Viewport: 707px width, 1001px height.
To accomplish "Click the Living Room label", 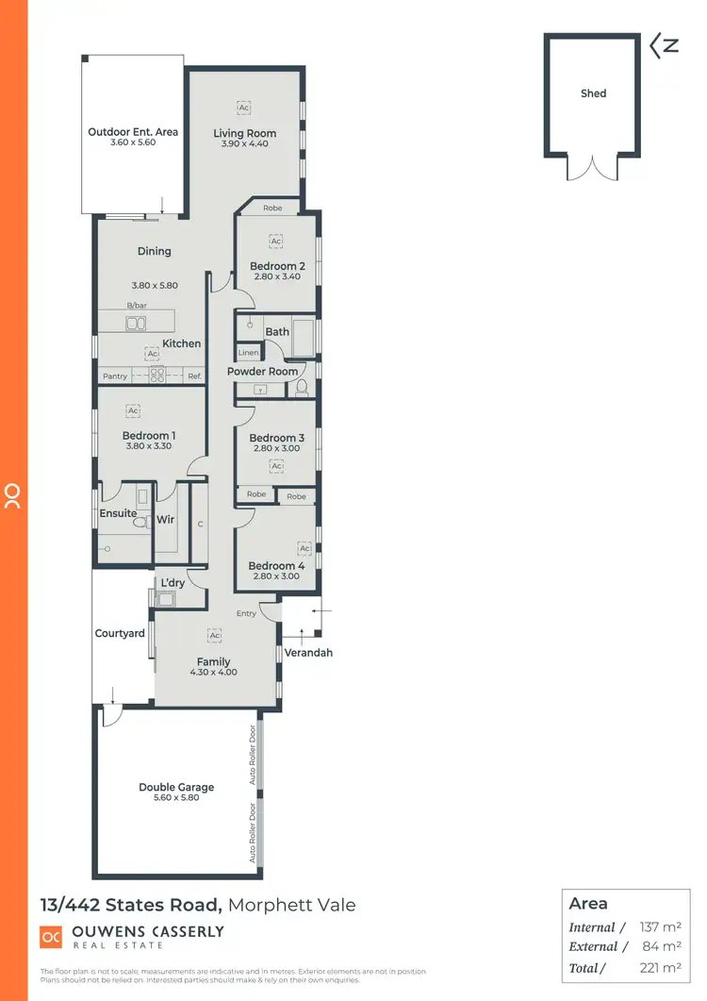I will coord(244,133).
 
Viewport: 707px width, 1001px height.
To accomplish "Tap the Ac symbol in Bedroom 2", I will coord(276,242).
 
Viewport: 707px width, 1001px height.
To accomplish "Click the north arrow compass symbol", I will coord(664,45).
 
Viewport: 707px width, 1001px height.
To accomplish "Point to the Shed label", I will coord(593,93).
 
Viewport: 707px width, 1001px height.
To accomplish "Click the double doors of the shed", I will coord(593,168).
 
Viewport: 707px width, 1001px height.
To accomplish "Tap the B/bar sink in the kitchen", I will coord(135,324).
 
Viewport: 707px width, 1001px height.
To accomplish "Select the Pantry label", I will coord(114,376).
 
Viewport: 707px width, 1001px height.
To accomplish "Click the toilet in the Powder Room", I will coord(303,389).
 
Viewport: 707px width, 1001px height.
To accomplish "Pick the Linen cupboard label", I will coord(248,353).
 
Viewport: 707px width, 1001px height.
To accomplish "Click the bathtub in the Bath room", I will coord(303,338).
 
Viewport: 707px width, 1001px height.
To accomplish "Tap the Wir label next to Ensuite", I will coord(165,519).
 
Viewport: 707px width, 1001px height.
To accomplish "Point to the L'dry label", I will coord(173,583).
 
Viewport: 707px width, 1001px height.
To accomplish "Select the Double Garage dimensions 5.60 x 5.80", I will coord(176,798).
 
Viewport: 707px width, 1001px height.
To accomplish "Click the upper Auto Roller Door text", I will coord(253,756).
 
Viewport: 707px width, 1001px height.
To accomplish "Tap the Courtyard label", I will coord(120,633).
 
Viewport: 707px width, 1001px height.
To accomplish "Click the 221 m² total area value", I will coord(661,967).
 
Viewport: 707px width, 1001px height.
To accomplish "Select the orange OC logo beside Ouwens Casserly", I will coord(51,937).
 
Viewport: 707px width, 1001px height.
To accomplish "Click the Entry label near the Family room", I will coord(246,613).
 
